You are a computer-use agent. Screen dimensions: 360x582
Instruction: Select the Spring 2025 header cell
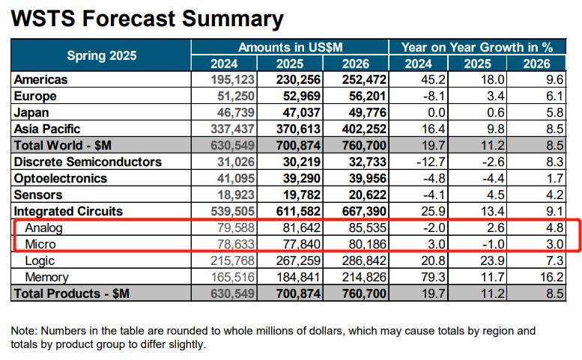click(x=101, y=55)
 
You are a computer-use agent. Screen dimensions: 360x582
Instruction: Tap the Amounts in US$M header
click(x=289, y=46)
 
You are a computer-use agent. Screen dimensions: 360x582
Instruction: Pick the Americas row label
click(x=40, y=79)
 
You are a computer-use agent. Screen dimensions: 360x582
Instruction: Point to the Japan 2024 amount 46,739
click(x=233, y=112)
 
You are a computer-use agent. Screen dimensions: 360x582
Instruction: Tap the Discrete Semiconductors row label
click(x=88, y=162)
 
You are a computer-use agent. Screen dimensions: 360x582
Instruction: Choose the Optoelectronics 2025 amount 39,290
click(x=299, y=178)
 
